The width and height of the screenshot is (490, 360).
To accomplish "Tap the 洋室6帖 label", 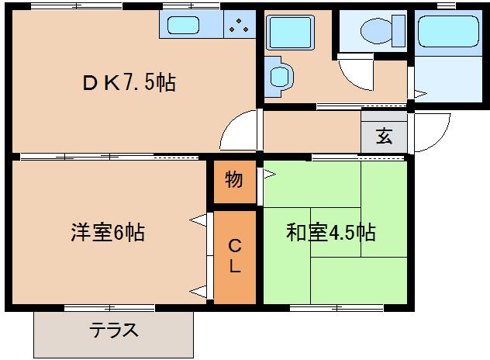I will click(x=106, y=232).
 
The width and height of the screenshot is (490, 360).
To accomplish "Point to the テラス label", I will click(x=113, y=331).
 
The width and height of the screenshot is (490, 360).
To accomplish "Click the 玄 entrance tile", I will click(x=384, y=137).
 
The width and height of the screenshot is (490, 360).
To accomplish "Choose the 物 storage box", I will click(x=234, y=180).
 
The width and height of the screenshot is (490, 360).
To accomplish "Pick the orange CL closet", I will click(x=234, y=257).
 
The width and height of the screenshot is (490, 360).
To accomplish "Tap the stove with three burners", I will click(x=240, y=25).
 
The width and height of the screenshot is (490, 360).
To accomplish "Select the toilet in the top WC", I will click(x=376, y=32).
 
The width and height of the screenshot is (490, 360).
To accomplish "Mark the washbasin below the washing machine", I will click(x=278, y=76).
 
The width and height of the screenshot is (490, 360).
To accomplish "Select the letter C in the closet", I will click(x=234, y=247).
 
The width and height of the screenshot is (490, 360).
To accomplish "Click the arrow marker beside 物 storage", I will click(x=269, y=174).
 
